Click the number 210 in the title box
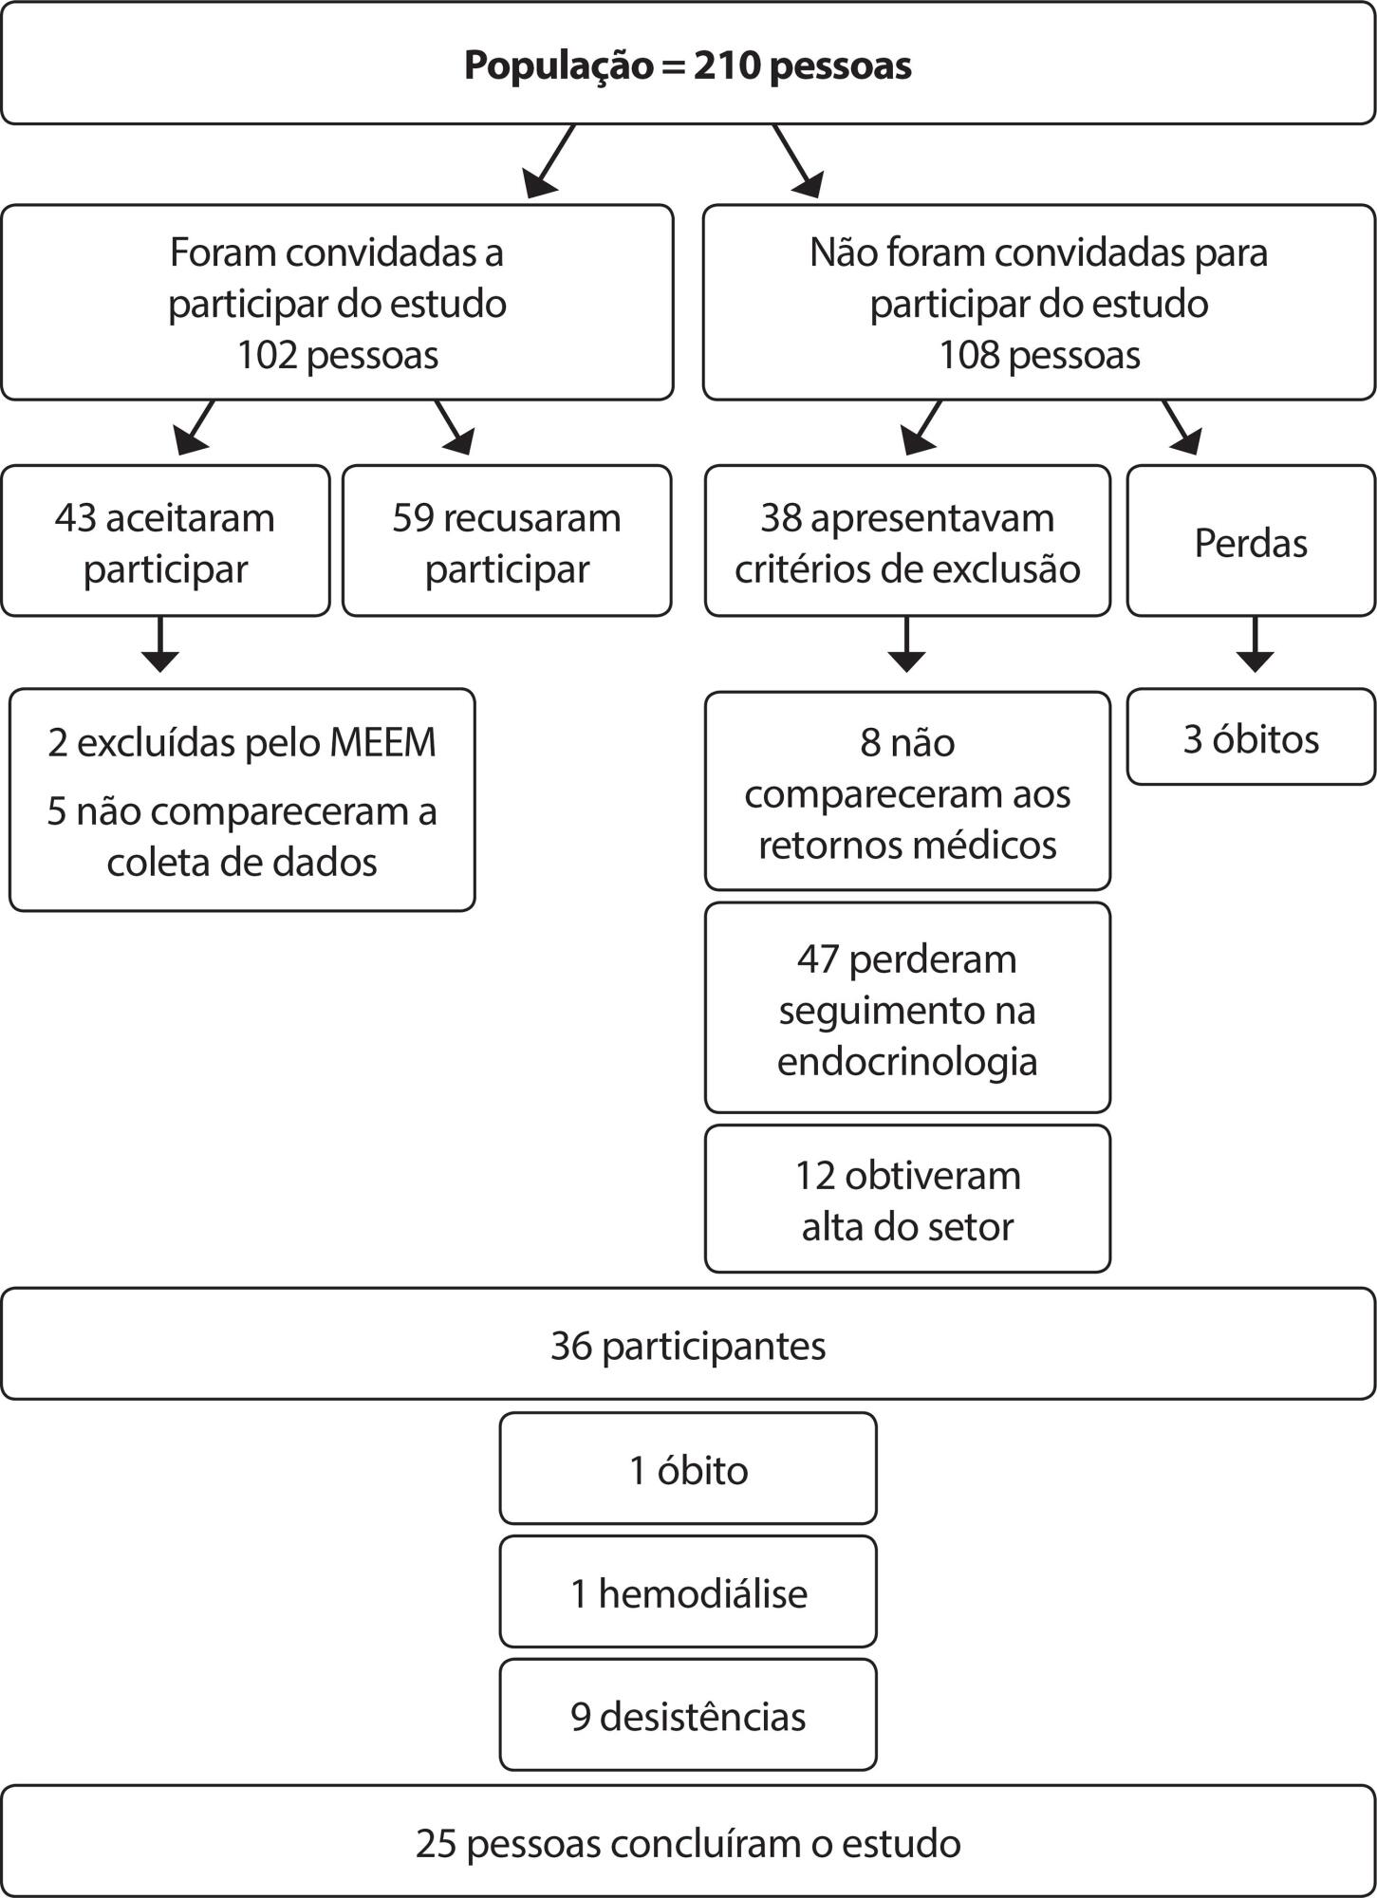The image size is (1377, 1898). [x=726, y=66]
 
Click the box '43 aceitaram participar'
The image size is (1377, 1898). [x=165, y=541]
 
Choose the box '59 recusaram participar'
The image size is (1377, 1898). [x=507, y=541]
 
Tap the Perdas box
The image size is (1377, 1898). [x=1251, y=541]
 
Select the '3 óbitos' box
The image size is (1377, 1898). [x=1251, y=737]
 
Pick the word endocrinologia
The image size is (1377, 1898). [x=907, y=1061]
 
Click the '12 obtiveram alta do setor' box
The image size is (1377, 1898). [x=907, y=1199]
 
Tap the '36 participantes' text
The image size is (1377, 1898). [x=688, y=1346]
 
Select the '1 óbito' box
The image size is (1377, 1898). [x=688, y=1468]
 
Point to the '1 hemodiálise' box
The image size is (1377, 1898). [x=688, y=1591]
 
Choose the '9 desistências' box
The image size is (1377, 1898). [x=688, y=1715]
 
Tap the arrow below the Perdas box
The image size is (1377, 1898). [x=1255, y=644]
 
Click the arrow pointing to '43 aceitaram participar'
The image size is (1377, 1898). [x=195, y=427]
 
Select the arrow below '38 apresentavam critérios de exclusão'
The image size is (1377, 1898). [x=907, y=644]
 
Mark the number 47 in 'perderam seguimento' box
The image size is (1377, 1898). [x=817, y=959]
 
